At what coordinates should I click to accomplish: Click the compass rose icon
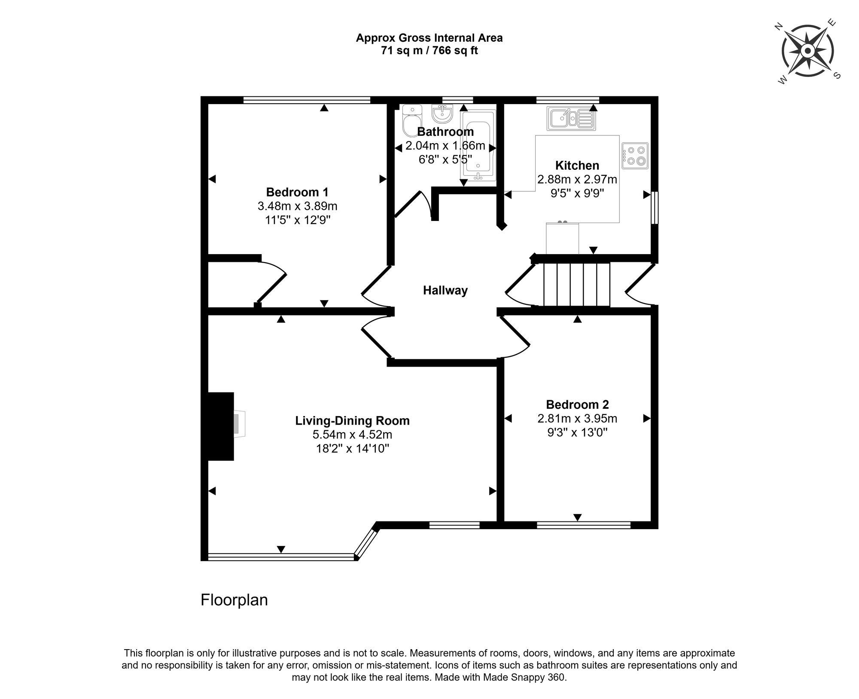807,52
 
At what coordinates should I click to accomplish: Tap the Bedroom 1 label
297,192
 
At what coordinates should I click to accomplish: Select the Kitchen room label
577,166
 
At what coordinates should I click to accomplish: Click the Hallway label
445,291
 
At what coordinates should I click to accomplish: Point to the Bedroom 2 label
577,405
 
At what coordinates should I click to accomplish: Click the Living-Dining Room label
352,420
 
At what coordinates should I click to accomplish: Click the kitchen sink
572,119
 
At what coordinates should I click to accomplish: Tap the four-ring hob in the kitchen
635,156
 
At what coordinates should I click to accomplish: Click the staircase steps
577,285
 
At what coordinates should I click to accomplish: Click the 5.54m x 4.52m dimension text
352,435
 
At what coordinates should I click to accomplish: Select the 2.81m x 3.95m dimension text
577,418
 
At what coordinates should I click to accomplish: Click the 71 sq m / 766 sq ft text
429,51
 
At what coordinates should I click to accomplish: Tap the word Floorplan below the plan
234,600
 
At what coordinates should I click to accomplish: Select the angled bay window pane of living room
366,544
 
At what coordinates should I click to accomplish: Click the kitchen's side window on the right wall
655,208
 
